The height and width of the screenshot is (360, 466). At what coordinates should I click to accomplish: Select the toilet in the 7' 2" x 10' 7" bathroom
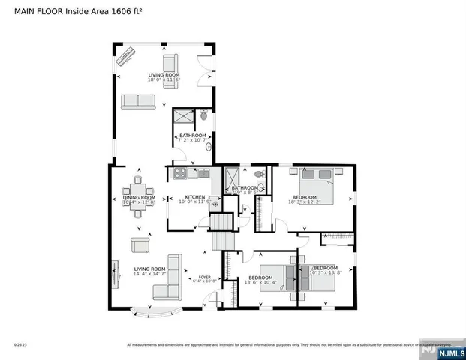point(203,115)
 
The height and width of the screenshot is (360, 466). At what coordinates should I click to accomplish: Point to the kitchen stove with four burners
point(180,174)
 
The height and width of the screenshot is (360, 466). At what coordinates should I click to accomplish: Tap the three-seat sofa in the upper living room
point(138,101)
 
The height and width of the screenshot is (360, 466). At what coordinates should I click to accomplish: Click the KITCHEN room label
point(185,196)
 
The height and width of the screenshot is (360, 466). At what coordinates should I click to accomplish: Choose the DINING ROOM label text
point(139,198)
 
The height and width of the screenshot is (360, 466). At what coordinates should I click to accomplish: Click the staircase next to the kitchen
point(221,231)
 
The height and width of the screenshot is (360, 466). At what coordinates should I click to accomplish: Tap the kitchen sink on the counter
point(203,174)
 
